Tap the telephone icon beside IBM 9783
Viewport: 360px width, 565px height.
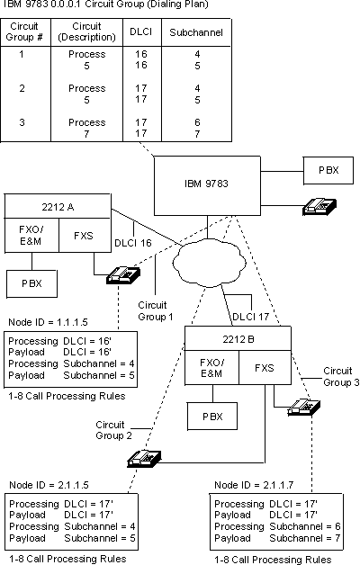pos(319,206)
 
